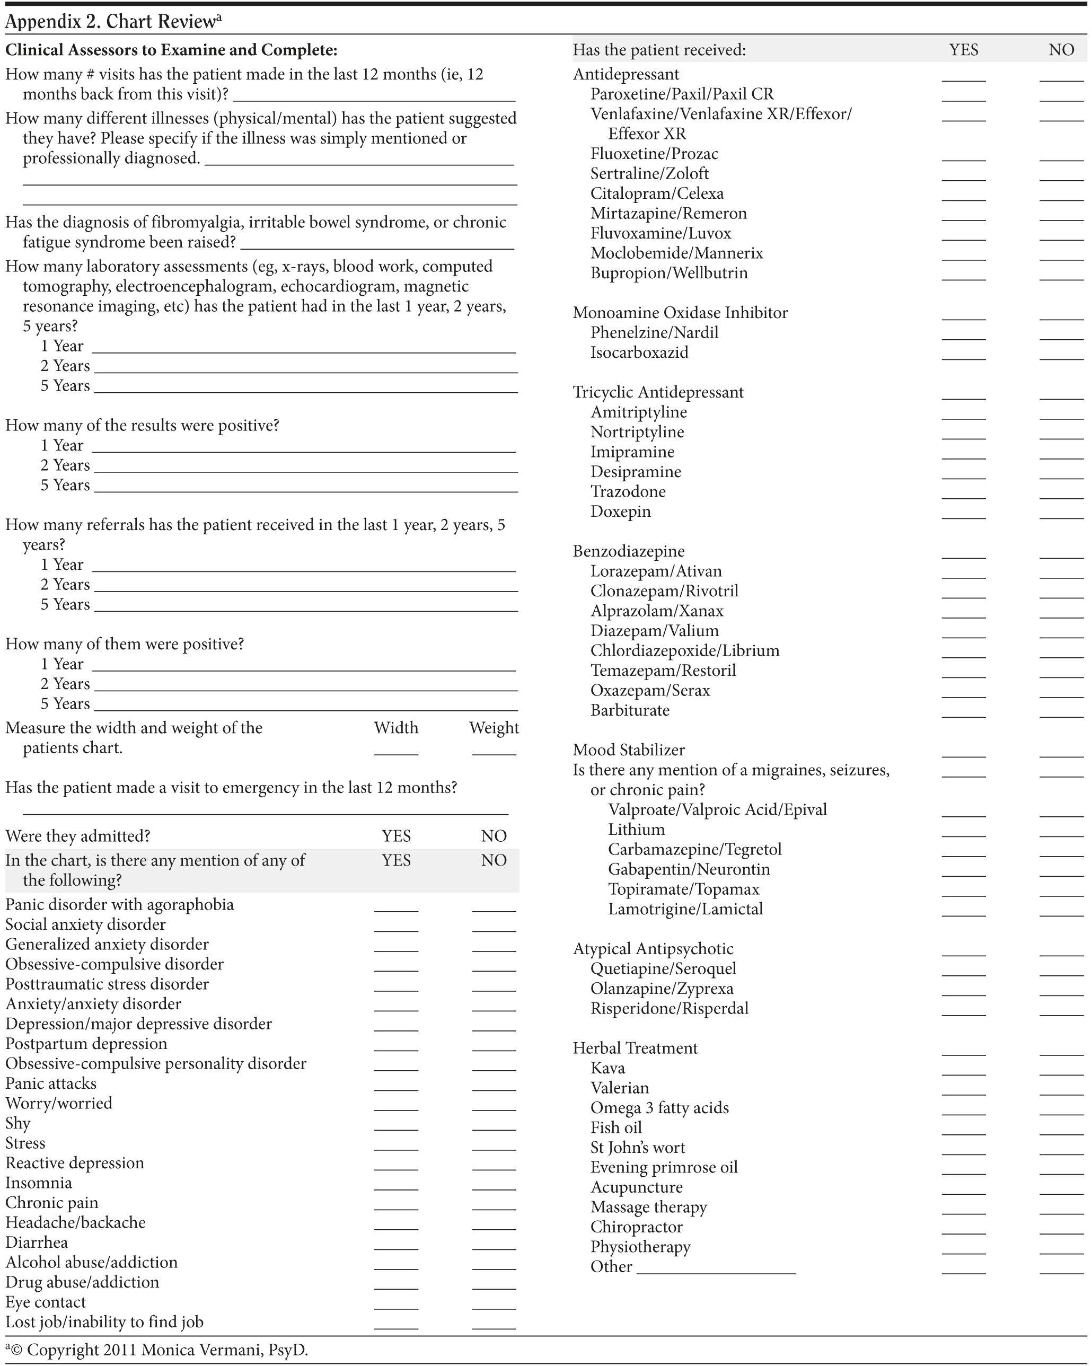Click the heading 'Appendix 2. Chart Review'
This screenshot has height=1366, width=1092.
[x=111, y=22]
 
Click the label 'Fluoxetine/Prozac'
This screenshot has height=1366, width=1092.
[x=654, y=154]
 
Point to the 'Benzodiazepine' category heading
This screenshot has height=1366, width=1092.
[x=628, y=551]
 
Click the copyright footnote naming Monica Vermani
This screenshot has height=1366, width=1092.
[x=159, y=1350]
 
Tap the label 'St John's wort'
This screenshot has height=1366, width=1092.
[x=638, y=1148]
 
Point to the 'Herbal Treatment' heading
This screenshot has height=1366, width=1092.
[x=635, y=1048]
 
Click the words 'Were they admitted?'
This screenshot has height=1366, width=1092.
[x=78, y=836]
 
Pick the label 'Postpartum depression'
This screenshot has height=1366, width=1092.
[x=86, y=1044]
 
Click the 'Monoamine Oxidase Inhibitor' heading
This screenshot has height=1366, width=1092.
[x=680, y=313]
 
